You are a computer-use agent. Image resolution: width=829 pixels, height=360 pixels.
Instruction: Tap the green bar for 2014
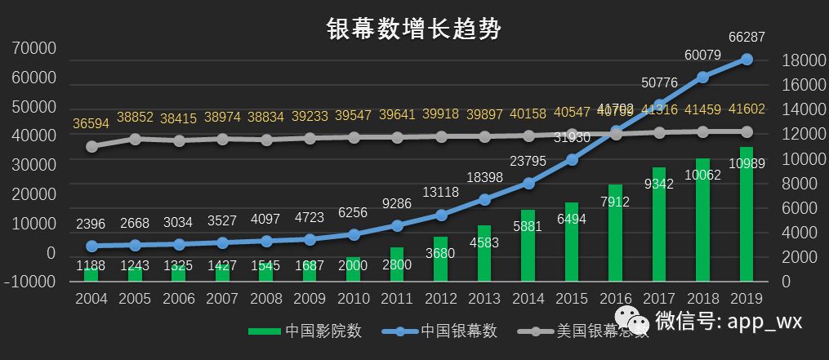coord(528,245)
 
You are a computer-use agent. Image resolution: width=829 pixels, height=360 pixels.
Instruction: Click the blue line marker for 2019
coord(747,59)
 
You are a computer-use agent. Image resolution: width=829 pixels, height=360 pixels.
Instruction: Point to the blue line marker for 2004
coord(92,246)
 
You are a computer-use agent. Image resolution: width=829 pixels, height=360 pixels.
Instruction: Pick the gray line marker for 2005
coord(136,139)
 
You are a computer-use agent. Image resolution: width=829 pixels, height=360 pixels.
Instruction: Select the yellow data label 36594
coord(92,123)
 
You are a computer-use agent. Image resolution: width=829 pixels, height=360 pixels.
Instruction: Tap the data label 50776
coord(660,82)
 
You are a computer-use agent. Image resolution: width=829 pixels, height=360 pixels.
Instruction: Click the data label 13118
coord(441,193)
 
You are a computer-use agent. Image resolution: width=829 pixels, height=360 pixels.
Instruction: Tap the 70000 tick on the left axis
coord(35,49)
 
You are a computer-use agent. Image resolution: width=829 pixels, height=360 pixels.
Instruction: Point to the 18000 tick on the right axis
coord(808,61)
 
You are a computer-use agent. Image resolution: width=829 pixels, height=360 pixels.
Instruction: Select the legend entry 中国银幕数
coord(445,331)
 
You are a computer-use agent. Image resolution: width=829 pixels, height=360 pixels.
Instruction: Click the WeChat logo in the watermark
coord(633,321)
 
